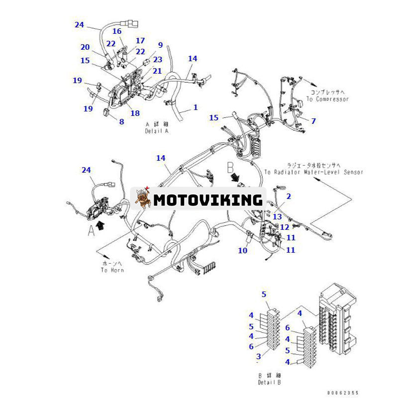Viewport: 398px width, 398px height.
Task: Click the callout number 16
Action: coord(117,31)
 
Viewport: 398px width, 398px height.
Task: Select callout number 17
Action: coord(140,41)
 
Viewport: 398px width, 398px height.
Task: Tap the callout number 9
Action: coord(160,45)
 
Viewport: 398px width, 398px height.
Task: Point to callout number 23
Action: coord(158,59)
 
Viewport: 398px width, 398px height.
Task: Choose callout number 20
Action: coord(86,47)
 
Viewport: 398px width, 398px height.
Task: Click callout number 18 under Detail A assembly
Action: coord(135,113)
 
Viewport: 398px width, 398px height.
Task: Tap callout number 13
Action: coord(277,216)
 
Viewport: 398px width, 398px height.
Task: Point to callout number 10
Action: coord(242,250)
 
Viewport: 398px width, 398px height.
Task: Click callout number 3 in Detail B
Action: coord(258,356)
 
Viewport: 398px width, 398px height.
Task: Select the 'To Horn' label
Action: coord(112,270)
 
